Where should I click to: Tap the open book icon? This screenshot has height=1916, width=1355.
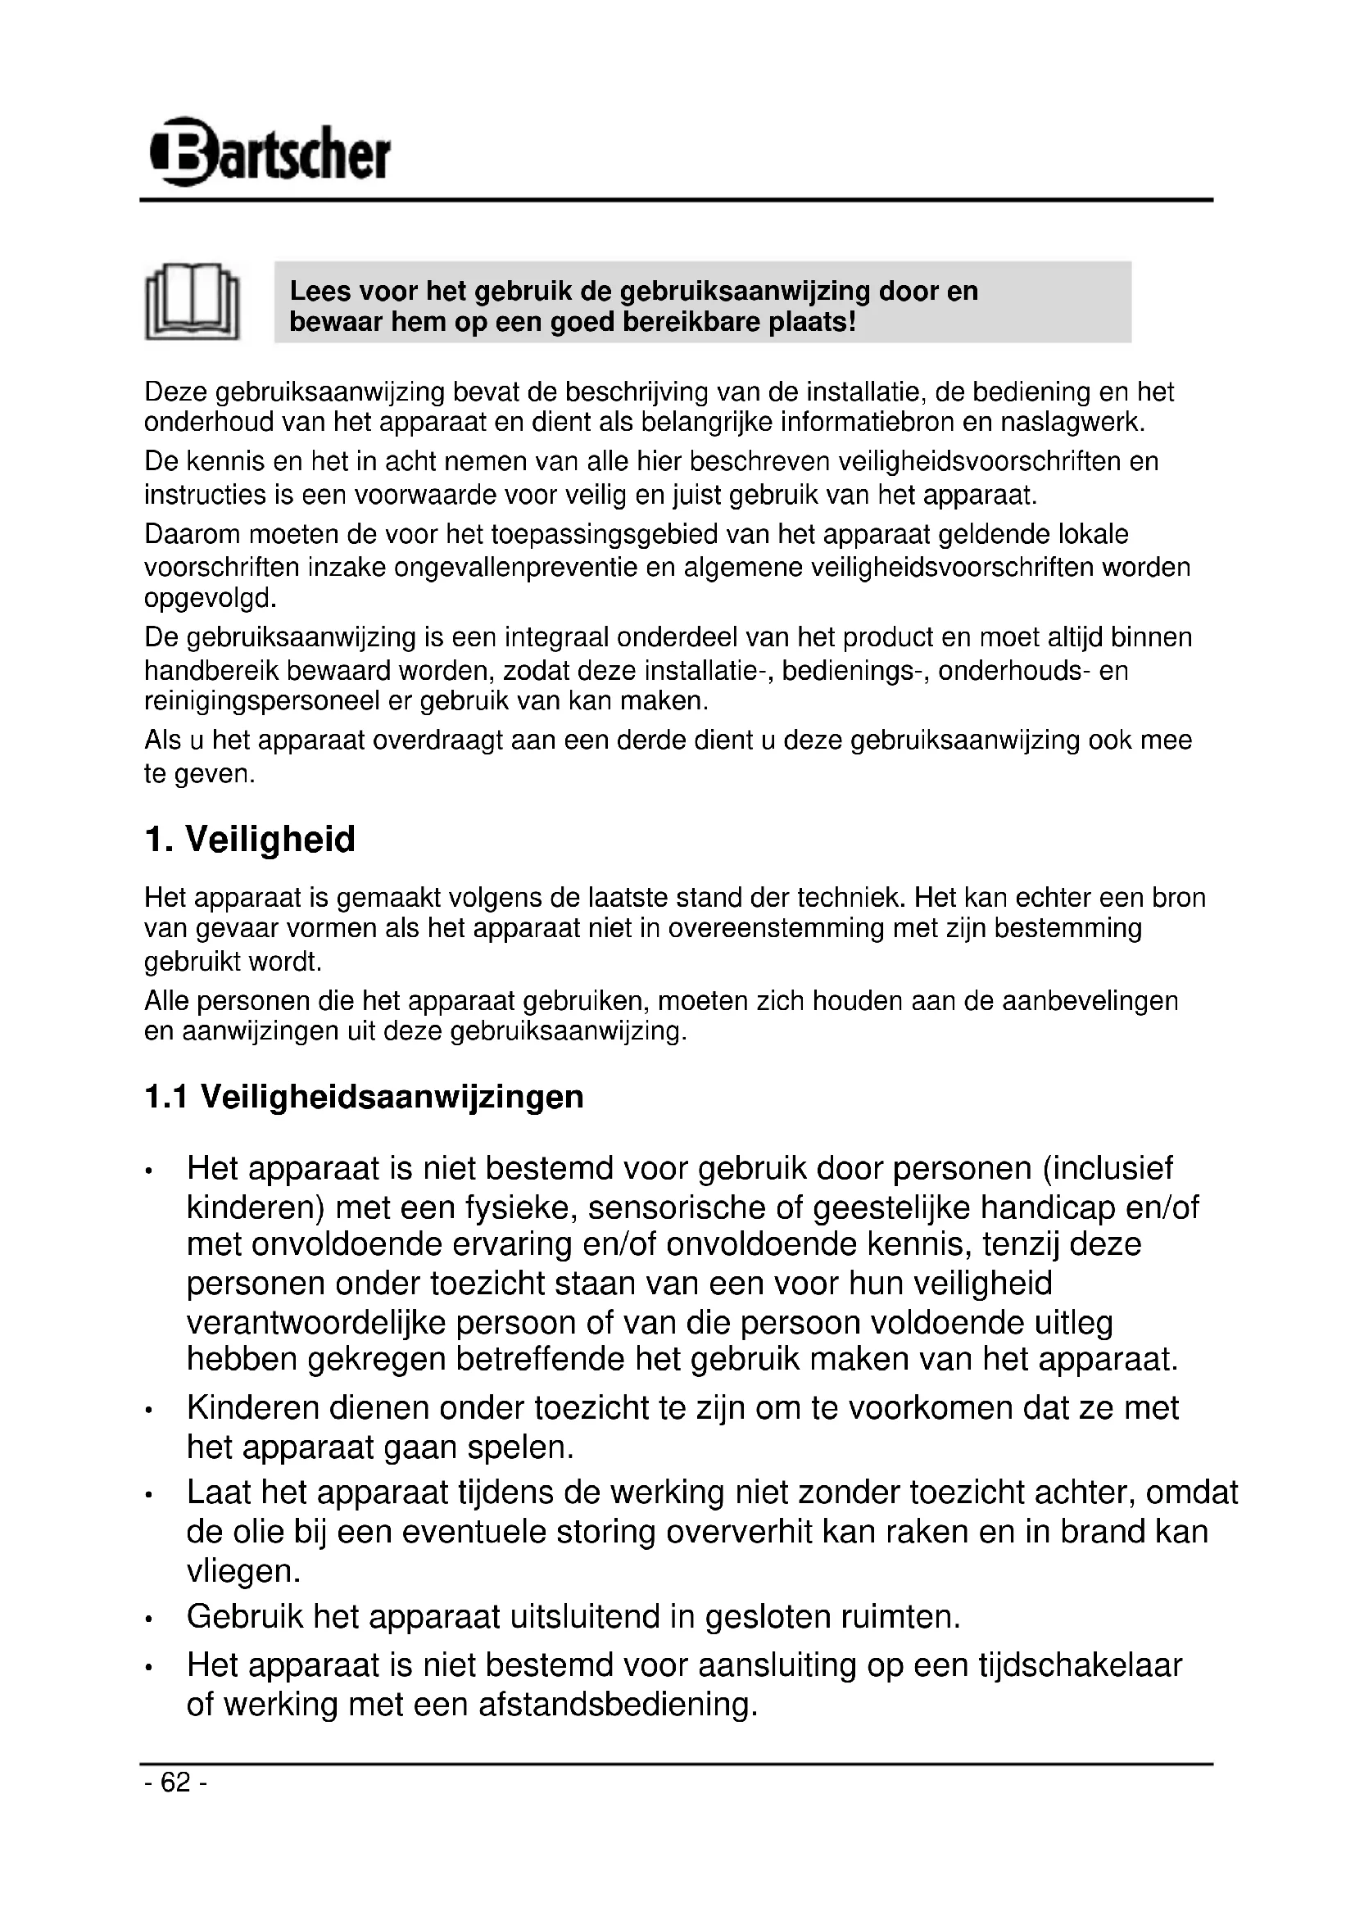[x=192, y=301]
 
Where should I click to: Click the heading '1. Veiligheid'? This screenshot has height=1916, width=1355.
[x=250, y=840]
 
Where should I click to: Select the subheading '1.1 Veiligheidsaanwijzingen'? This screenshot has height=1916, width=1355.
[x=364, y=1097]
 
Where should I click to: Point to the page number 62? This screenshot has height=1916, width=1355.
[x=175, y=1782]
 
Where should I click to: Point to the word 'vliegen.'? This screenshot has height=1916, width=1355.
[x=242, y=1571]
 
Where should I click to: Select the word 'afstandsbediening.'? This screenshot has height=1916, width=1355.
[x=618, y=1704]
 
